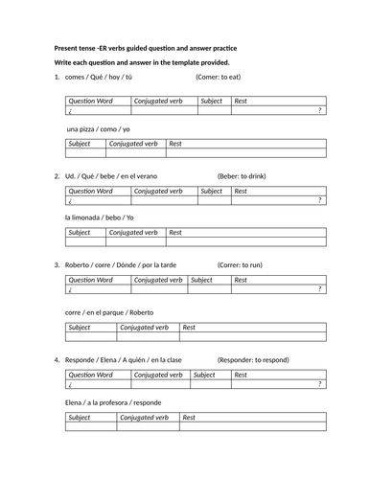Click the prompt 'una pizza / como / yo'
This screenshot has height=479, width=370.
[x=99, y=128]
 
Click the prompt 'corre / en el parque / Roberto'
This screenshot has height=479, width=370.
[x=115, y=310]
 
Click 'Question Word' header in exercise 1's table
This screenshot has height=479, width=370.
[x=91, y=100]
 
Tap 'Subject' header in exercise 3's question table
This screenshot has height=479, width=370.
[x=202, y=281]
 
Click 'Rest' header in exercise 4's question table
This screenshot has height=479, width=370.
[x=247, y=375]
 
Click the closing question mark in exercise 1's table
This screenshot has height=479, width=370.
[x=319, y=110]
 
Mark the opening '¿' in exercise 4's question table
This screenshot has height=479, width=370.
[x=70, y=385]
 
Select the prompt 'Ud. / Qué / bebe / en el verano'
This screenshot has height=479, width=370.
[x=111, y=174]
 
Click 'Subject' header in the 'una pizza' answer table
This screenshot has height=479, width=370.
[x=81, y=143]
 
